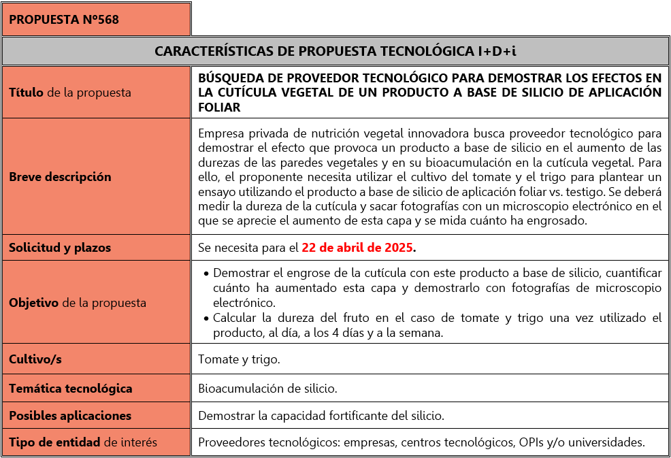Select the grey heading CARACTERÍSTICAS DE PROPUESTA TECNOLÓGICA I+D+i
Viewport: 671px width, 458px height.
(335, 51)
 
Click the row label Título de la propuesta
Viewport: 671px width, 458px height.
(70, 92)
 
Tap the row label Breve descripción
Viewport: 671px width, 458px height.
(60, 176)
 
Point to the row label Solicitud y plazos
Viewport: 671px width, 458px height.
(60, 248)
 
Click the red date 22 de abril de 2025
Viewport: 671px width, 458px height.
(357, 248)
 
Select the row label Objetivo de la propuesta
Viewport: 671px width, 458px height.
(78, 303)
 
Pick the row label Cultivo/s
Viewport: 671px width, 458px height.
(35, 359)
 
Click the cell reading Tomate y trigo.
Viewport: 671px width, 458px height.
(238, 359)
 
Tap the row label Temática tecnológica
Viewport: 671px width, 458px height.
(71, 389)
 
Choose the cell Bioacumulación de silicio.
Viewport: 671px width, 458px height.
(267, 389)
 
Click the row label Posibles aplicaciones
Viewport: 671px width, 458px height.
(70, 415)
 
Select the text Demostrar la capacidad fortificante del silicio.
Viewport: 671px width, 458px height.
(321, 415)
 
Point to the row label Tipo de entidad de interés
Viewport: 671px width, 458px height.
(83, 442)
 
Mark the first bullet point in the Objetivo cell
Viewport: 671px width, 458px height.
(206, 274)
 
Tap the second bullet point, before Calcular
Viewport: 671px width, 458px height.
(206, 318)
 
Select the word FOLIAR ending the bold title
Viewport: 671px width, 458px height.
(219, 107)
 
